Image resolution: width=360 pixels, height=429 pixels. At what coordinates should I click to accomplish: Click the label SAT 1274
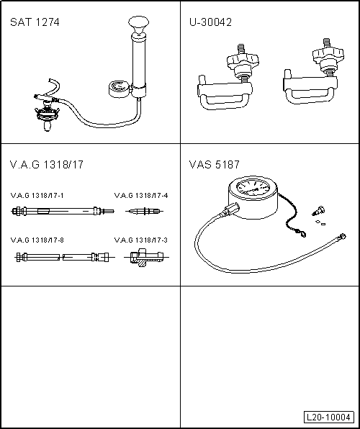click(35, 22)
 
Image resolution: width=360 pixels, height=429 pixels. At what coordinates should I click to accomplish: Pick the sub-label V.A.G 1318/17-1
click(37, 195)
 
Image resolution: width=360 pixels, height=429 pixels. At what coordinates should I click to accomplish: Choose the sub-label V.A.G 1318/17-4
click(140, 195)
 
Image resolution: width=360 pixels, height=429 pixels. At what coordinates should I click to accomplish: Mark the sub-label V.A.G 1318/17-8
click(37, 239)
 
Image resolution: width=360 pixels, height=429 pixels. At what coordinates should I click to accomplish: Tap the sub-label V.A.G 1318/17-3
click(140, 239)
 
